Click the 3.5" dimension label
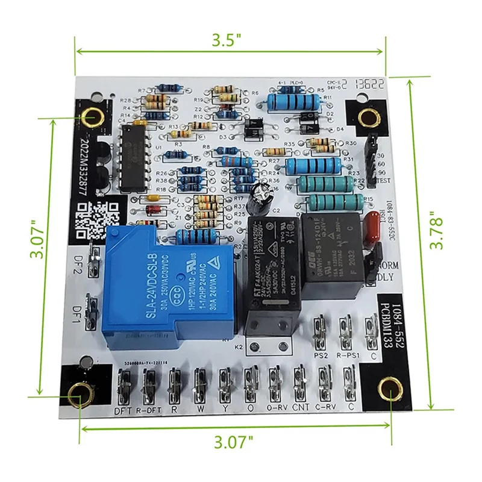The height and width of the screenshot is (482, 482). tap(227, 41)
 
